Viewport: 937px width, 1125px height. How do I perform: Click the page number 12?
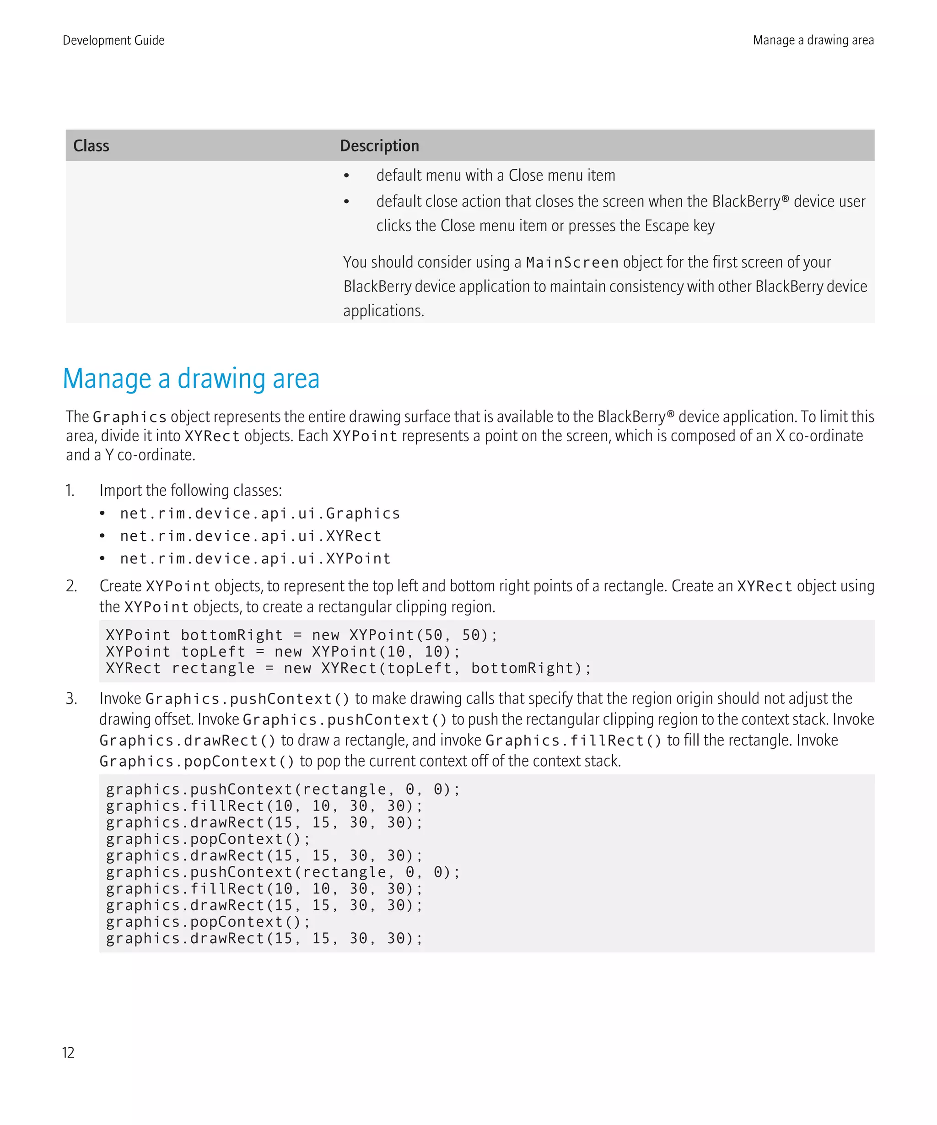(68, 1053)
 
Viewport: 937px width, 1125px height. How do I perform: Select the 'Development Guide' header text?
(113, 40)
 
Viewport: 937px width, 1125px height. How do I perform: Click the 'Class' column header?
(91, 146)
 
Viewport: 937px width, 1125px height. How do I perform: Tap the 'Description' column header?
(379, 146)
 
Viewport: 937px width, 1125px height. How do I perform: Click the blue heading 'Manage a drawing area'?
(191, 379)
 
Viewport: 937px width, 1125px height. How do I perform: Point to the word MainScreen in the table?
(572, 263)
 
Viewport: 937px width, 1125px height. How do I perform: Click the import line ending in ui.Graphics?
(260, 513)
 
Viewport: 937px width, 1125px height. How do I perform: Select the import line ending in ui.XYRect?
(250, 535)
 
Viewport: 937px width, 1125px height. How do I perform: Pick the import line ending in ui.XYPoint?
(255, 558)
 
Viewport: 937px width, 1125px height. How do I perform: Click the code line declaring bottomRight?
(302, 635)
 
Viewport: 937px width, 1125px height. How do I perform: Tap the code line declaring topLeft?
(283, 652)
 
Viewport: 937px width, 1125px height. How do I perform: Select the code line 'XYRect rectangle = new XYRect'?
(348, 669)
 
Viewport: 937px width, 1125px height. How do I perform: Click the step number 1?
(70, 491)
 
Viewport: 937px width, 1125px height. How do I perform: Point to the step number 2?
(71, 586)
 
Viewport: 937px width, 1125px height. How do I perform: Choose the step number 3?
(71, 698)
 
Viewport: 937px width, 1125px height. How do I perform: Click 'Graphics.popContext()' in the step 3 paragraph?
(196, 761)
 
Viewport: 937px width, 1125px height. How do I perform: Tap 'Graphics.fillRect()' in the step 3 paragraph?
(573, 741)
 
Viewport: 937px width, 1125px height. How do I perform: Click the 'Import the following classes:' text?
(191, 491)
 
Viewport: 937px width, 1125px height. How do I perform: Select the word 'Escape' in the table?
(666, 226)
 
